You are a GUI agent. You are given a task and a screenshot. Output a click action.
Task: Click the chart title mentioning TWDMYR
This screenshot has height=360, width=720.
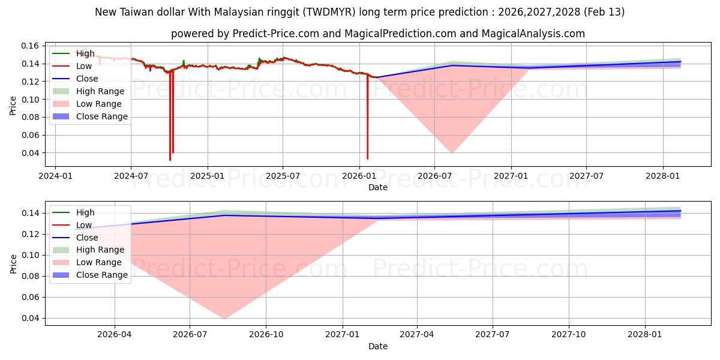[x=359, y=12]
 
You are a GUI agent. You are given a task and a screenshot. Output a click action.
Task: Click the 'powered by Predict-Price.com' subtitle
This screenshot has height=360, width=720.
[x=377, y=34]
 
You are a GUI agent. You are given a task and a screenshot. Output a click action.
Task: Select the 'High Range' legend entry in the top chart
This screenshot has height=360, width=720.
[x=100, y=91]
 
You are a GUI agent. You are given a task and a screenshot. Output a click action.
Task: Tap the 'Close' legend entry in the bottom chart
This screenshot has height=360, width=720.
[x=87, y=238]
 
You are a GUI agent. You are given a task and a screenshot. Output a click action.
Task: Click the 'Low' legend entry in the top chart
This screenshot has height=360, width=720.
[x=85, y=66]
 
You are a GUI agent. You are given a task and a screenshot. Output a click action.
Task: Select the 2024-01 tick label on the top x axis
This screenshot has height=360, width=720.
[x=55, y=176]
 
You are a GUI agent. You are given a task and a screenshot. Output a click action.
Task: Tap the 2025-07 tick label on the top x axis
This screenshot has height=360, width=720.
[x=283, y=176]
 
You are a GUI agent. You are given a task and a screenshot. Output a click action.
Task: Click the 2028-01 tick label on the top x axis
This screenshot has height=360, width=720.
[x=662, y=176]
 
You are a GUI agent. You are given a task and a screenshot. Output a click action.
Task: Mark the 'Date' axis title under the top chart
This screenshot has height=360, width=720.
[x=377, y=187]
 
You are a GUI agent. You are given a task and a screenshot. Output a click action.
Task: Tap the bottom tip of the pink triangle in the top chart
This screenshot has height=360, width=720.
[x=451, y=153]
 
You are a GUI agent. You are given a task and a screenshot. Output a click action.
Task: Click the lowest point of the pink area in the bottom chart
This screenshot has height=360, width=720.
[x=224, y=318]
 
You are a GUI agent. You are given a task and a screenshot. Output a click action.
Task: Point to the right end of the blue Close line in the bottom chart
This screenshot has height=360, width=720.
[x=680, y=211]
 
